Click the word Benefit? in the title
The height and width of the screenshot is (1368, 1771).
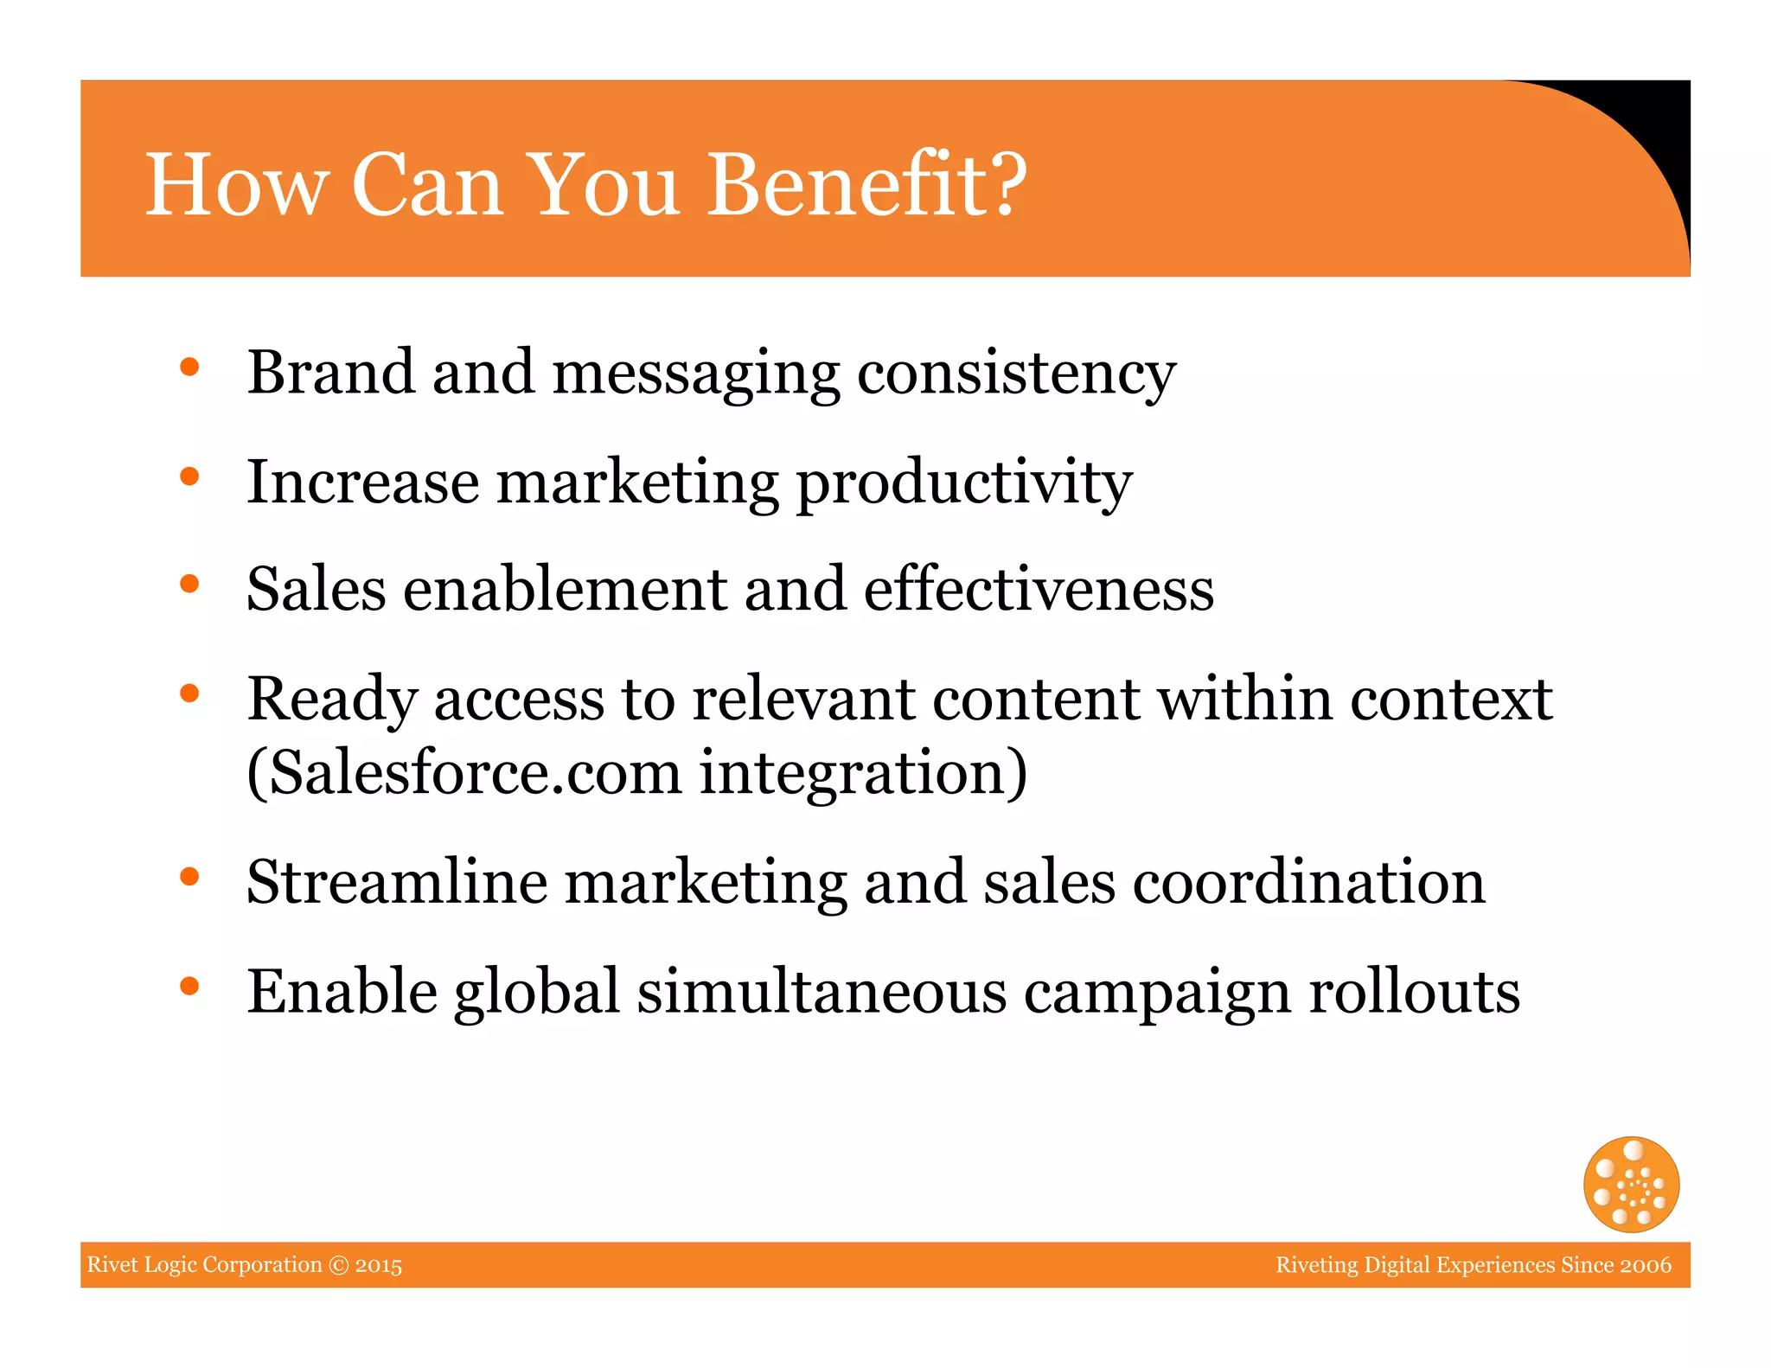[x=866, y=184]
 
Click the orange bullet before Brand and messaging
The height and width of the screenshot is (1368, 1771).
[x=189, y=368]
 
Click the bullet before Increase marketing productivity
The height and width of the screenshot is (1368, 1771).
[x=189, y=476]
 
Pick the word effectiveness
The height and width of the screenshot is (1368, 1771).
[x=1039, y=589]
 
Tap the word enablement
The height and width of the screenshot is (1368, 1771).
[x=566, y=589]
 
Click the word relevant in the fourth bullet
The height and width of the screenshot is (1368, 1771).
[x=803, y=699]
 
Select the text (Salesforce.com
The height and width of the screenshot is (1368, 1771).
[x=464, y=772]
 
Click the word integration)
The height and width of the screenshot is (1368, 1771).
[x=863, y=772]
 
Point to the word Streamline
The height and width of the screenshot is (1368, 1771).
[x=397, y=882]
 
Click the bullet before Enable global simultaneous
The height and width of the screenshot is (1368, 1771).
[x=189, y=986]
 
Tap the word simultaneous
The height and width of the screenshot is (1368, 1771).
[x=822, y=992]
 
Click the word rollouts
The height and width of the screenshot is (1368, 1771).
[x=1414, y=992]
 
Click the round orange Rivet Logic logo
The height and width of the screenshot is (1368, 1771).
[x=1631, y=1184]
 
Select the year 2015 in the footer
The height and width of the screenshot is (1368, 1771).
[x=378, y=1265]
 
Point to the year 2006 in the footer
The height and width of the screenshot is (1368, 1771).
[x=1646, y=1265]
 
